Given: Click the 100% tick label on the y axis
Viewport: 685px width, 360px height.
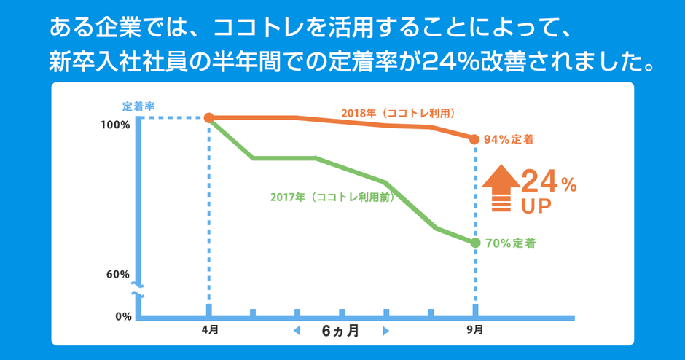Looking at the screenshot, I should [x=115, y=125].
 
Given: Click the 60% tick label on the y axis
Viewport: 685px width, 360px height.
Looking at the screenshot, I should [x=117, y=275].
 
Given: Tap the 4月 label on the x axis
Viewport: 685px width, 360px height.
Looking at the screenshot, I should [x=209, y=330].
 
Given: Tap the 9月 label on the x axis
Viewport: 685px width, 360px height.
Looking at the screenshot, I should [x=474, y=330].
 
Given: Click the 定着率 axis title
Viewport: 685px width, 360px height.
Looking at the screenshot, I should [x=138, y=106].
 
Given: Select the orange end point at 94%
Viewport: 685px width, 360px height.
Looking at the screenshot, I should [x=475, y=138].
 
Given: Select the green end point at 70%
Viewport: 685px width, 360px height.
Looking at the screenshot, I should [x=475, y=243].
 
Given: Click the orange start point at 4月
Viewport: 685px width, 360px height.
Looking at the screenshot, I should [x=209, y=117].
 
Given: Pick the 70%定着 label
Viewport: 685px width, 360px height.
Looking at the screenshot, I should [x=510, y=243].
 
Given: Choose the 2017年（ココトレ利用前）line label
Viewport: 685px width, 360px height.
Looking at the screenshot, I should [x=332, y=197].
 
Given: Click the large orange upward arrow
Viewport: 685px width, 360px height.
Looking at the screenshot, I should [x=498, y=188].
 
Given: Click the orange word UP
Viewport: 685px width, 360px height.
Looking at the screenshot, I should [x=536, y=206].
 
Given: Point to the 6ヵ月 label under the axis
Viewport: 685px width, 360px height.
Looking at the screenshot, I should [x=340, y=331].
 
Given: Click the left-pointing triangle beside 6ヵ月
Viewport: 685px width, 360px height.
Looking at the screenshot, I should [x=297, y=332].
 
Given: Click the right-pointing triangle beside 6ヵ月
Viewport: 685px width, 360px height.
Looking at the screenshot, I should [x=385, y=332].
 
